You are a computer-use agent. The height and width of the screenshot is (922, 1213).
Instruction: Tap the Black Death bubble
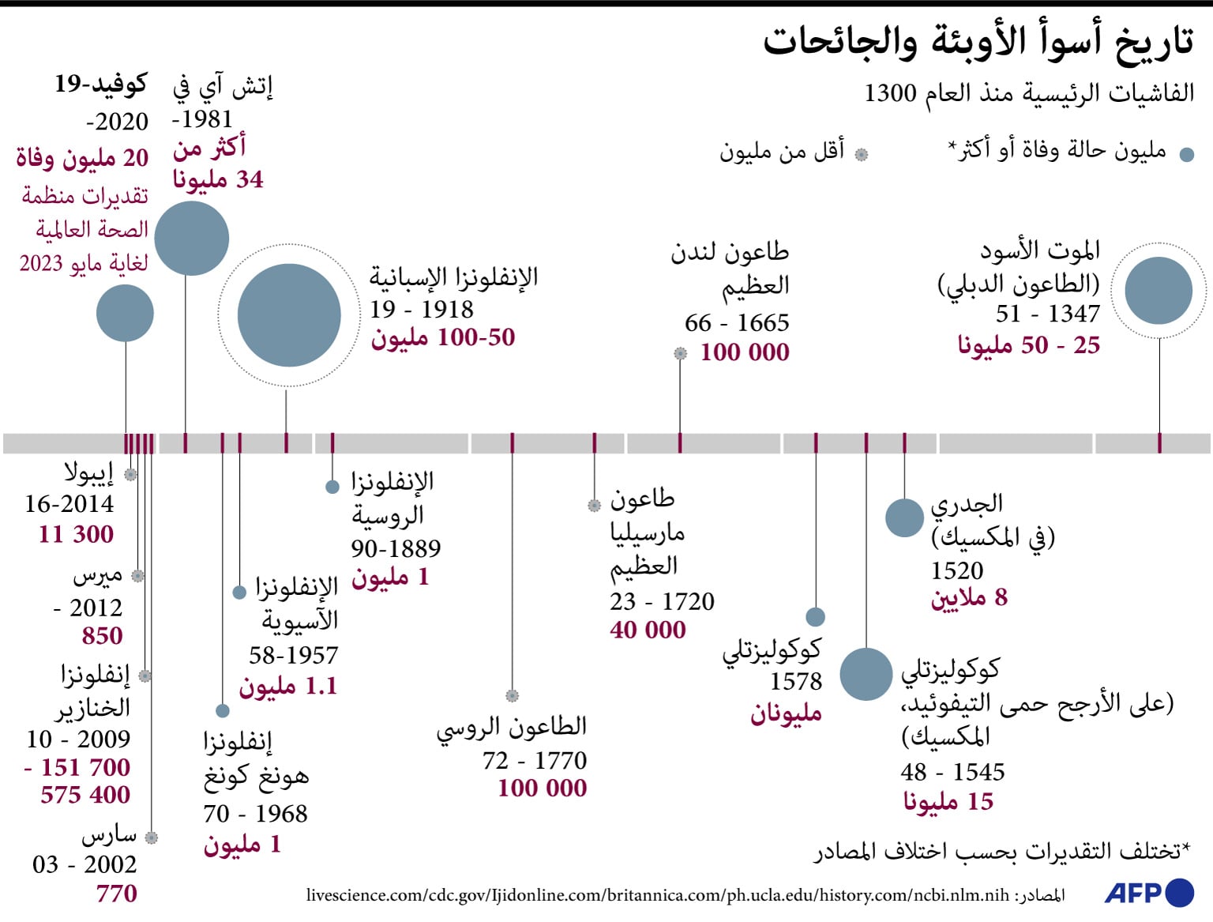(1159, 291)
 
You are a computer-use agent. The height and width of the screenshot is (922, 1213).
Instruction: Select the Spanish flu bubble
(289, 315)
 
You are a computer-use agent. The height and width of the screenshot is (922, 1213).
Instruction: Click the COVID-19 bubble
(125, 314)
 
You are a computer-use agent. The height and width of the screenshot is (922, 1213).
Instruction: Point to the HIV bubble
(192, 239)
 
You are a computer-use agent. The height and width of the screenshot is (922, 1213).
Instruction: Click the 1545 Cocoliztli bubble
(866, 674)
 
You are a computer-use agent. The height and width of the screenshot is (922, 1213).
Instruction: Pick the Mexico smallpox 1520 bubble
(904, 518)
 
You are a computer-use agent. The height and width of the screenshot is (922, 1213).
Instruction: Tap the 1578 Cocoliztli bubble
(816, 616)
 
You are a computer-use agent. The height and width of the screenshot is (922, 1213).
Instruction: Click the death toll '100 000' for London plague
(745, 352)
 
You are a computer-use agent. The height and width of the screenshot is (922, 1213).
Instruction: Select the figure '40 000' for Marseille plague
(648, 630)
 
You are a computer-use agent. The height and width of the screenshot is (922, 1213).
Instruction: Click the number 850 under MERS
(103, 636)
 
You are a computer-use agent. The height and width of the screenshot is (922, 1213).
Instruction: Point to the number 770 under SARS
(117, 894)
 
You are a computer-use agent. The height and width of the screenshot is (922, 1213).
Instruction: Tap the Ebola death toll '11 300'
(76, 534)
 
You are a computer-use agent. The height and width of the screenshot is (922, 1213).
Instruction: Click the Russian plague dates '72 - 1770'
(535, 760)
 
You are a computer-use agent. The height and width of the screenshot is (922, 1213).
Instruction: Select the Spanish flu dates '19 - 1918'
(422, 309)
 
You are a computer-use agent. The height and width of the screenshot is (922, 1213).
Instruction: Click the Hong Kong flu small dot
(223, 711)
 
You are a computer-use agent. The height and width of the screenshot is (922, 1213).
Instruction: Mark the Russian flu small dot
(332, 487)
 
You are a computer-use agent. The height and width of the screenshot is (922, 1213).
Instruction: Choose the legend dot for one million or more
(1186, 155)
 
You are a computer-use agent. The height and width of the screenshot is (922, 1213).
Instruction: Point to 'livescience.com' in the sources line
(365, 895)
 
